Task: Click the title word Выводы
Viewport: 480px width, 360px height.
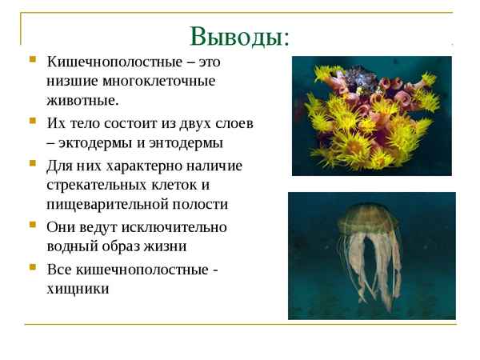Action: pos(239,36)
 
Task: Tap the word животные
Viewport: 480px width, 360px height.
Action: pos(82,101)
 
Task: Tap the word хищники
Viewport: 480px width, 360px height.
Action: pos(78,288)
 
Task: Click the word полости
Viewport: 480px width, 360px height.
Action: pos(203,204)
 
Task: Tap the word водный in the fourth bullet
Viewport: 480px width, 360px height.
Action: pos(73,247)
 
